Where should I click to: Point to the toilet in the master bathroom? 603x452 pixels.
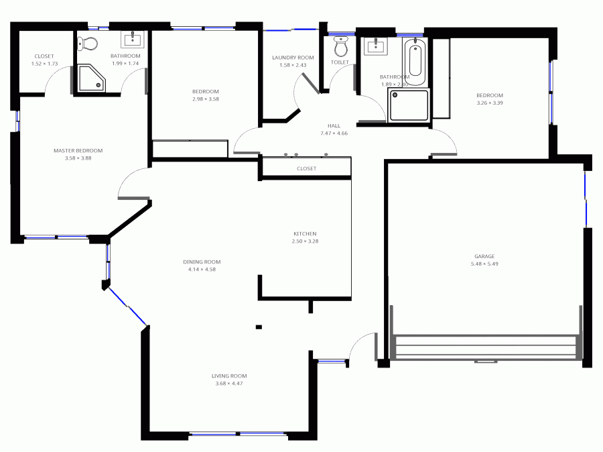pos(88,44)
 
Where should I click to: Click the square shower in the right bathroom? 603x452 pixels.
pos(409,106)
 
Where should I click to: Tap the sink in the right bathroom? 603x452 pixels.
pos(375,46)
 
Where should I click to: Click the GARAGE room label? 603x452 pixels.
pos(484,256)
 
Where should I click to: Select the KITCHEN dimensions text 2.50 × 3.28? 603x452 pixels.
pos(304,241)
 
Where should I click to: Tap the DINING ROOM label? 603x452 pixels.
pos(202,262)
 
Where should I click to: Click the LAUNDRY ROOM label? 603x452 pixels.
pos(292,58)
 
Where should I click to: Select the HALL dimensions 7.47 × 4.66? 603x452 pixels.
pos(334,133)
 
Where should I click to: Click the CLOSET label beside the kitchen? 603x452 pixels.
pos(306,169)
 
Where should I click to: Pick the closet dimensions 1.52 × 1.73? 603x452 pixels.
pos(44,64)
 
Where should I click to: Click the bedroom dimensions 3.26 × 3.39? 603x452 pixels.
pos(489,103)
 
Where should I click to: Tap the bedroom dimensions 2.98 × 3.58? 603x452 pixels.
pos(205,99)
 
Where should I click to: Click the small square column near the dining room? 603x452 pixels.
pos(259,327)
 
